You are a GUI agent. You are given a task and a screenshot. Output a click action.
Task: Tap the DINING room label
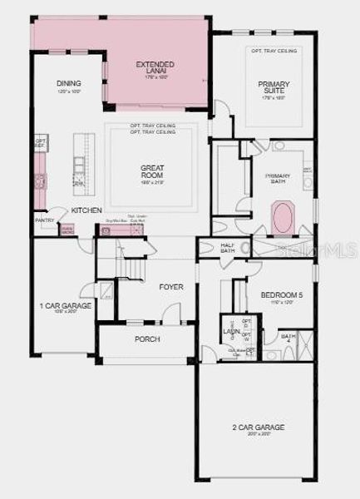pos(68,83)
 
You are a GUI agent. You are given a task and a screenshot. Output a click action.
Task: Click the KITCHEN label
pos(86,211)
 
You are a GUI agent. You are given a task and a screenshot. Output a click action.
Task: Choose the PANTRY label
pos(44,220)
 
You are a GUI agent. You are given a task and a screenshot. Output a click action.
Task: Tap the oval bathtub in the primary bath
pos(284,219)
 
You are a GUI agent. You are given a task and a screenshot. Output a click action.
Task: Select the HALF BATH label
pos(228,248)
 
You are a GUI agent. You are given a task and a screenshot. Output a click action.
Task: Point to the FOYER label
pos(171,287)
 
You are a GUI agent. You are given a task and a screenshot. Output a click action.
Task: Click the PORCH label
pos(147,339)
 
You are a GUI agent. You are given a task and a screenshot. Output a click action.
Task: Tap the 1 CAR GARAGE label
pos(65,307)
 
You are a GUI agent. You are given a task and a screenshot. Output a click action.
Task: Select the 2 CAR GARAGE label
pos(258,428)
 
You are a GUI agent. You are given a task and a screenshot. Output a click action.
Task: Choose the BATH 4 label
pos(288,337)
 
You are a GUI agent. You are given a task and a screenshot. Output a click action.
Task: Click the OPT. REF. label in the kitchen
pos(39,143)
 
